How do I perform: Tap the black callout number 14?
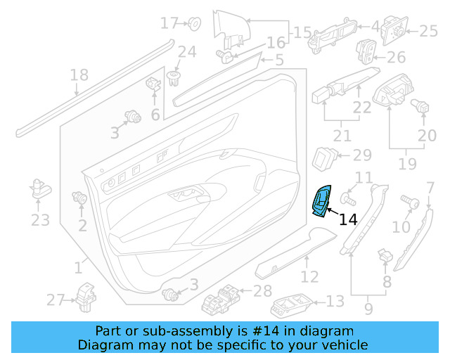coord(348,220)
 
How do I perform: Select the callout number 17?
coord(169,23)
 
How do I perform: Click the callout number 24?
coord(186,51)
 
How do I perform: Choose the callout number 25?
coord(428,30)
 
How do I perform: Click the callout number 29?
coord(361,155)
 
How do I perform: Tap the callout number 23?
coord(40,220)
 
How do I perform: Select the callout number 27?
coord(56,300)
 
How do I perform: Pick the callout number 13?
coord(335,301)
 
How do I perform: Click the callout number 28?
coord(262,291)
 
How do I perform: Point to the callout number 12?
coord(309,276)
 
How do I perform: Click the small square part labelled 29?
coord(324,156)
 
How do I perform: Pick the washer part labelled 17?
coord(195,24)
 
